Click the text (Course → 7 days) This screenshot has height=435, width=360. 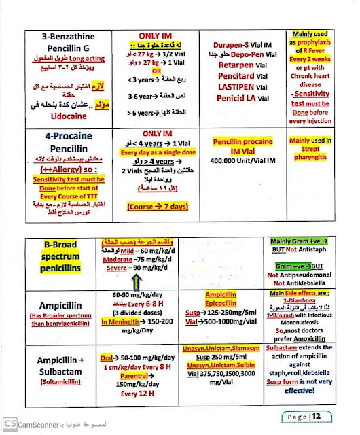point(156,205)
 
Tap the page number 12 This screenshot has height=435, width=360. point(326,416)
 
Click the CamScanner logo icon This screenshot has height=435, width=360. point(10,422)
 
